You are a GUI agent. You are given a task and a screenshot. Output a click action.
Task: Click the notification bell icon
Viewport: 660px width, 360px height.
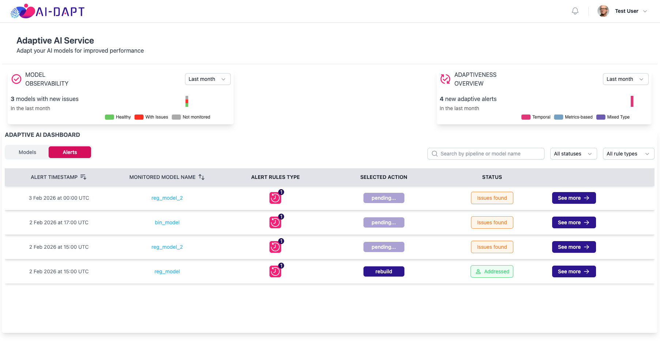click(575, 11)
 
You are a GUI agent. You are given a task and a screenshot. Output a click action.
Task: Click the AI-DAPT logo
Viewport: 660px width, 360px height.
click(48, 11)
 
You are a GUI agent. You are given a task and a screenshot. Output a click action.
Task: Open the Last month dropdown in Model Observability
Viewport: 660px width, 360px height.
click(208, 79)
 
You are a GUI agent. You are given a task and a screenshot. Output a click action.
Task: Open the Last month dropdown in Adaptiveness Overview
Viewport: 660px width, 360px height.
click(626, 79)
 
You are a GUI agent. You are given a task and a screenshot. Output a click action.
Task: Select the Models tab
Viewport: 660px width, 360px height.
click(27, 152)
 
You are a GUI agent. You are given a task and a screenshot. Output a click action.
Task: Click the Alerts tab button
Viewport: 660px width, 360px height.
click(70, 152)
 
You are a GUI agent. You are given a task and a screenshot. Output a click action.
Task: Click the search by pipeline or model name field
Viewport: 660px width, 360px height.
click(486, 154)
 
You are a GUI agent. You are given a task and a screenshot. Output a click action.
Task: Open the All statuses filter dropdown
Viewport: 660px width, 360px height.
click(573, 154)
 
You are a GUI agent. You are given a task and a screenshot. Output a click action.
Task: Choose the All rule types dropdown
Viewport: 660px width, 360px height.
click(628, 154)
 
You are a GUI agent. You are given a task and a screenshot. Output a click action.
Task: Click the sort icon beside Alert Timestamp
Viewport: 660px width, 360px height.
click(83, 177)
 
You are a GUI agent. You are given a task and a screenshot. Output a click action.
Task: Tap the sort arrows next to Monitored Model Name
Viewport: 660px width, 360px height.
click(201, 177)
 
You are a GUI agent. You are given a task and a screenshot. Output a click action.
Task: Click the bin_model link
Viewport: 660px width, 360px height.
click(167, 222)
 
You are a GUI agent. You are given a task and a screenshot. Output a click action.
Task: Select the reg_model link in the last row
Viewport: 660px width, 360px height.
click(167, 271)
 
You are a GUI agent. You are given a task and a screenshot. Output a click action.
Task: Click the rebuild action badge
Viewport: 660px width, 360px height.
click(384, 271)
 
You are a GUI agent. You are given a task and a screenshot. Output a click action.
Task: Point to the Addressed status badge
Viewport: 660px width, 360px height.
click(492, 271)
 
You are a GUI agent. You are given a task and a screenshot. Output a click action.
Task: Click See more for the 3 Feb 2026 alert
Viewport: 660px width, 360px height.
click(574, 198)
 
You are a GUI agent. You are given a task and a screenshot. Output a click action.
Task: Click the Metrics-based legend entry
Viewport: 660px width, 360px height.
click(573, 117)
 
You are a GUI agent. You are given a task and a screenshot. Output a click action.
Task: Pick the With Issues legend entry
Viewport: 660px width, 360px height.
click(151, 117)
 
